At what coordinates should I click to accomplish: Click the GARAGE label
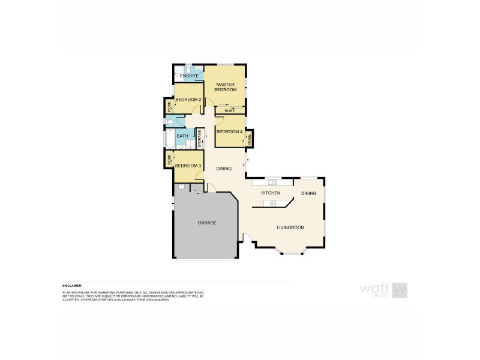(207, 223)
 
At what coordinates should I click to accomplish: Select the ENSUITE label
(189, 76)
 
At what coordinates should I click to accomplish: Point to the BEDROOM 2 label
(188, 99)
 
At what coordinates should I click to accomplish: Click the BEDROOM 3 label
(188, 165)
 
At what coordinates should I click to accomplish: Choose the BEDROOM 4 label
(229, 132)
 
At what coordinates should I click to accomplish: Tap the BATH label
(182, 136)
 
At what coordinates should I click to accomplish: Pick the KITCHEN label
(271, 193)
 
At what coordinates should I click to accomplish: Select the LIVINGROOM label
(291, 227)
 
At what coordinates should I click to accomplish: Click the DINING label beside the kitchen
(308, 193)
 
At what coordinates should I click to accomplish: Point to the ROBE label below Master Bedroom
(229, 111)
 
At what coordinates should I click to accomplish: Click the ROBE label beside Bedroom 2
(170, 107)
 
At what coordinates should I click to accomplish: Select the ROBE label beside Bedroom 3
(170, 160)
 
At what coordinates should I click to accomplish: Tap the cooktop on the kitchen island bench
(273, 203)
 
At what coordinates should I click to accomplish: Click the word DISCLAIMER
(72, 286)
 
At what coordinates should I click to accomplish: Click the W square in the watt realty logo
(400, 289)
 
